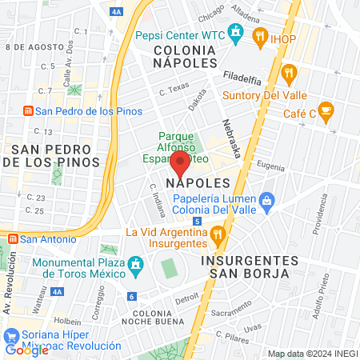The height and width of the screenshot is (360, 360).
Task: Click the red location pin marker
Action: coord(180,166)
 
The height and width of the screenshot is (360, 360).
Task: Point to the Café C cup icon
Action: coord(325,110)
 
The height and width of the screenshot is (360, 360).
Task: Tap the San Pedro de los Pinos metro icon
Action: coord(27,110)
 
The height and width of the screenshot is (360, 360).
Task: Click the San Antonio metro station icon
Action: coord(12,238)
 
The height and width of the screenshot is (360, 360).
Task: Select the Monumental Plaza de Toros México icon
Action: coord(135,263)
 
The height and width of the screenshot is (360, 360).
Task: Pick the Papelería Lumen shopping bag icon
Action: coord(267,199)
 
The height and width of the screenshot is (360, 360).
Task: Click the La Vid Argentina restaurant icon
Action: coord(218,234)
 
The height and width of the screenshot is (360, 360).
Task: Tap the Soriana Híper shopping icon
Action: coord(11,334)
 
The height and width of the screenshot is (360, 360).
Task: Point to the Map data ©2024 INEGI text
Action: coord(311,354)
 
